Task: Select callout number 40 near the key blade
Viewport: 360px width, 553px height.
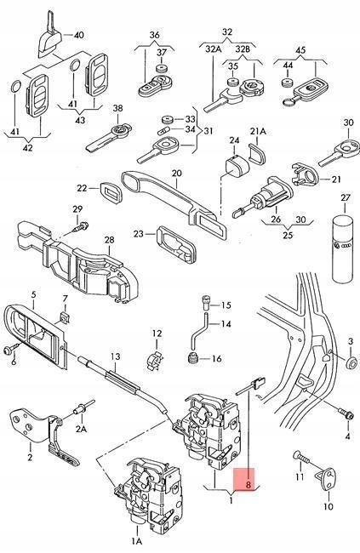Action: click(x=79, y=35)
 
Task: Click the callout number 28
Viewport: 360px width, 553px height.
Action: click(x=108, y=241)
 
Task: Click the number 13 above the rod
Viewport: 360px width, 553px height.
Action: click(x=115, y=356)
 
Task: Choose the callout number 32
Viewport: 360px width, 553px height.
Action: click(x=227, y=32)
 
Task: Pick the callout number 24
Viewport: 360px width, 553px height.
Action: click(x=232, y=140)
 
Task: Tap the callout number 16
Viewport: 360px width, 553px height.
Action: click(x=215, y=359)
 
